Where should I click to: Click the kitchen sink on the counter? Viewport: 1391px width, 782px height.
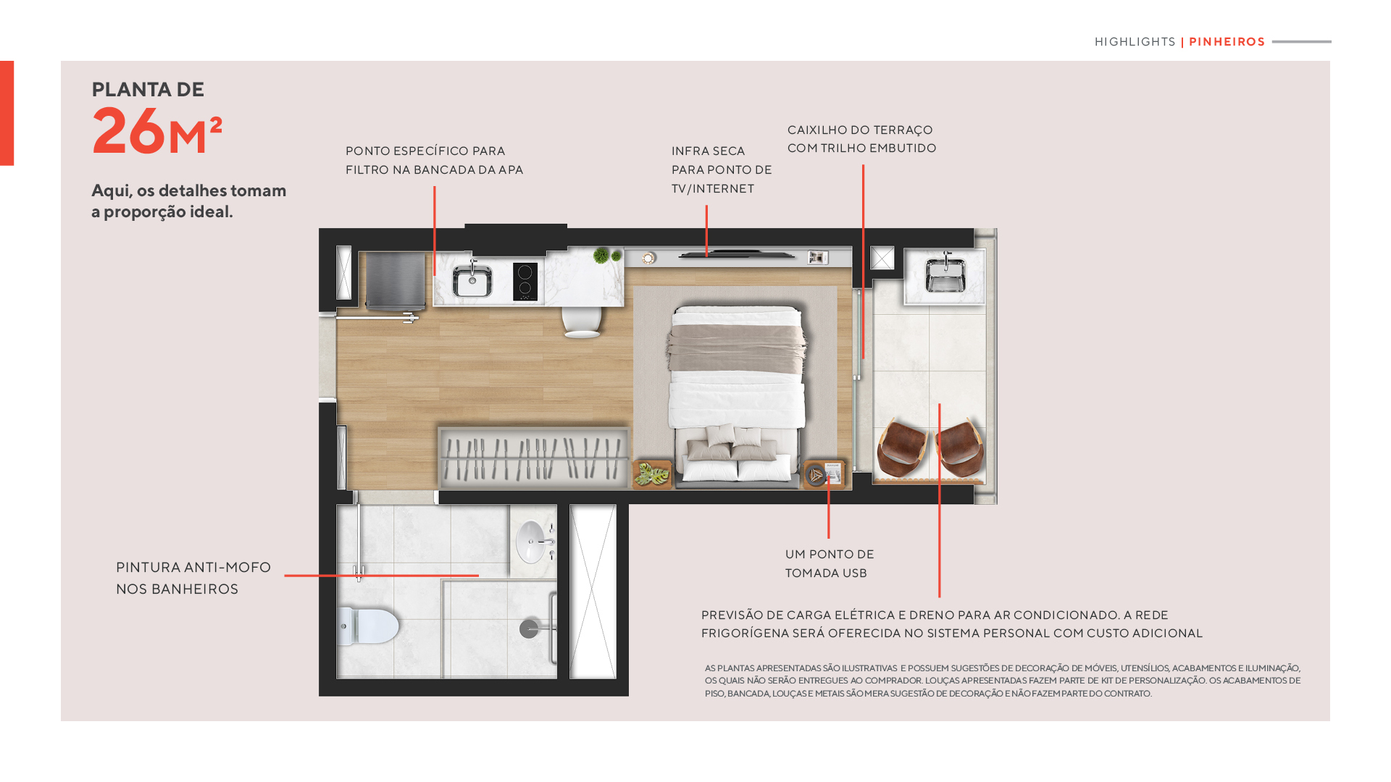click(x=472, y=280)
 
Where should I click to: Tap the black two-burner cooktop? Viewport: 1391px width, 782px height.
click(x=525, y=282)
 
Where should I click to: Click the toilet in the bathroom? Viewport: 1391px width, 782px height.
click(x=369, y=626)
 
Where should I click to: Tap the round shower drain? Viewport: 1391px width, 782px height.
click(x=529, y=628)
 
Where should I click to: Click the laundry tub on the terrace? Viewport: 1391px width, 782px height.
click(x=945, y=276)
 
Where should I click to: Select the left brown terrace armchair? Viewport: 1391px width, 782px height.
click(x=901, y=447)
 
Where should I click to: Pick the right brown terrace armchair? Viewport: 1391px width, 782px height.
click(x=959, y=447)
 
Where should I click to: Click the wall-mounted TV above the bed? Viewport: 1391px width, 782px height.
click(x=736, y=255)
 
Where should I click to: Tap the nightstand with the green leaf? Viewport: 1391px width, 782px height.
click(x=652, y=474)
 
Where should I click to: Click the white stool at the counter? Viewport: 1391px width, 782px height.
click(x=582, y=322)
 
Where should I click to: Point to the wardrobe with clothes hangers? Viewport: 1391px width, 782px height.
click(x=533, y=458)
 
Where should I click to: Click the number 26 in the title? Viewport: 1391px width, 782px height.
click(x=129, y=131)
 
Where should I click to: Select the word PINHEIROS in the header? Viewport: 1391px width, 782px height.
click(x=1227, y=42)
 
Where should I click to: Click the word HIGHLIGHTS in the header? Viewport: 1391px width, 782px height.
click(x=1135, y=42)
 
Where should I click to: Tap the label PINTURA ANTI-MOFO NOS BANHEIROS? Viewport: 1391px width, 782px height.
click(x=193, y=578)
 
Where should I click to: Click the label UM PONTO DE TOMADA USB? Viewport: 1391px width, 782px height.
click(x=830, y=563)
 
